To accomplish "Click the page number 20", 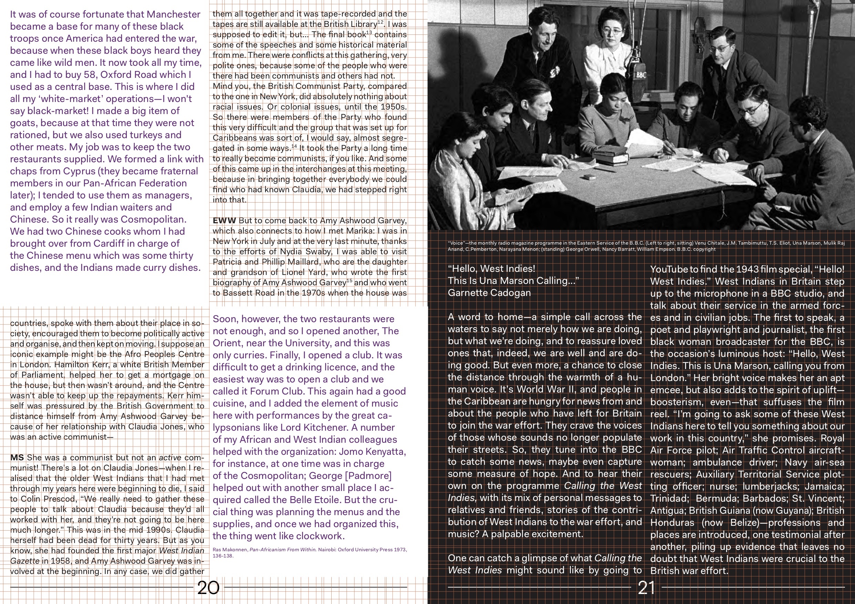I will tap(208, 587).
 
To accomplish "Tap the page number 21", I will tap(646, 587).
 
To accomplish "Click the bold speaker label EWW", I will tap(224, 220).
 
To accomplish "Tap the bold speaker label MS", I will tap(17, 457).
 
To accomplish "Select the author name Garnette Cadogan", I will tap(489, 293).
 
